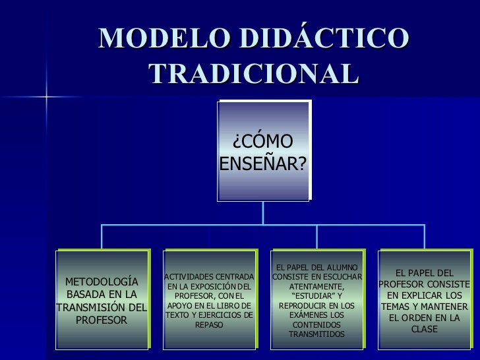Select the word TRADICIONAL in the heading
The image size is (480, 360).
coord(254,74)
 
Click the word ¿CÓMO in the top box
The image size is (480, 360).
coord(262,140)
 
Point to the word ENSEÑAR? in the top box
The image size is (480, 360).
coord(262,162)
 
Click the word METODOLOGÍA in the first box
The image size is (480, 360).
coord(102,282)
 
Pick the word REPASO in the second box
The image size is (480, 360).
coord(209,325)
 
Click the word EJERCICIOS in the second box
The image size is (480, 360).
coord(222,315)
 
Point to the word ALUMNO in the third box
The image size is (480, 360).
coord(341,267)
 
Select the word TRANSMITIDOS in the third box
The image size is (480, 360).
coord(317,335)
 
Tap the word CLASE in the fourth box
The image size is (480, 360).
coord(425,328)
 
